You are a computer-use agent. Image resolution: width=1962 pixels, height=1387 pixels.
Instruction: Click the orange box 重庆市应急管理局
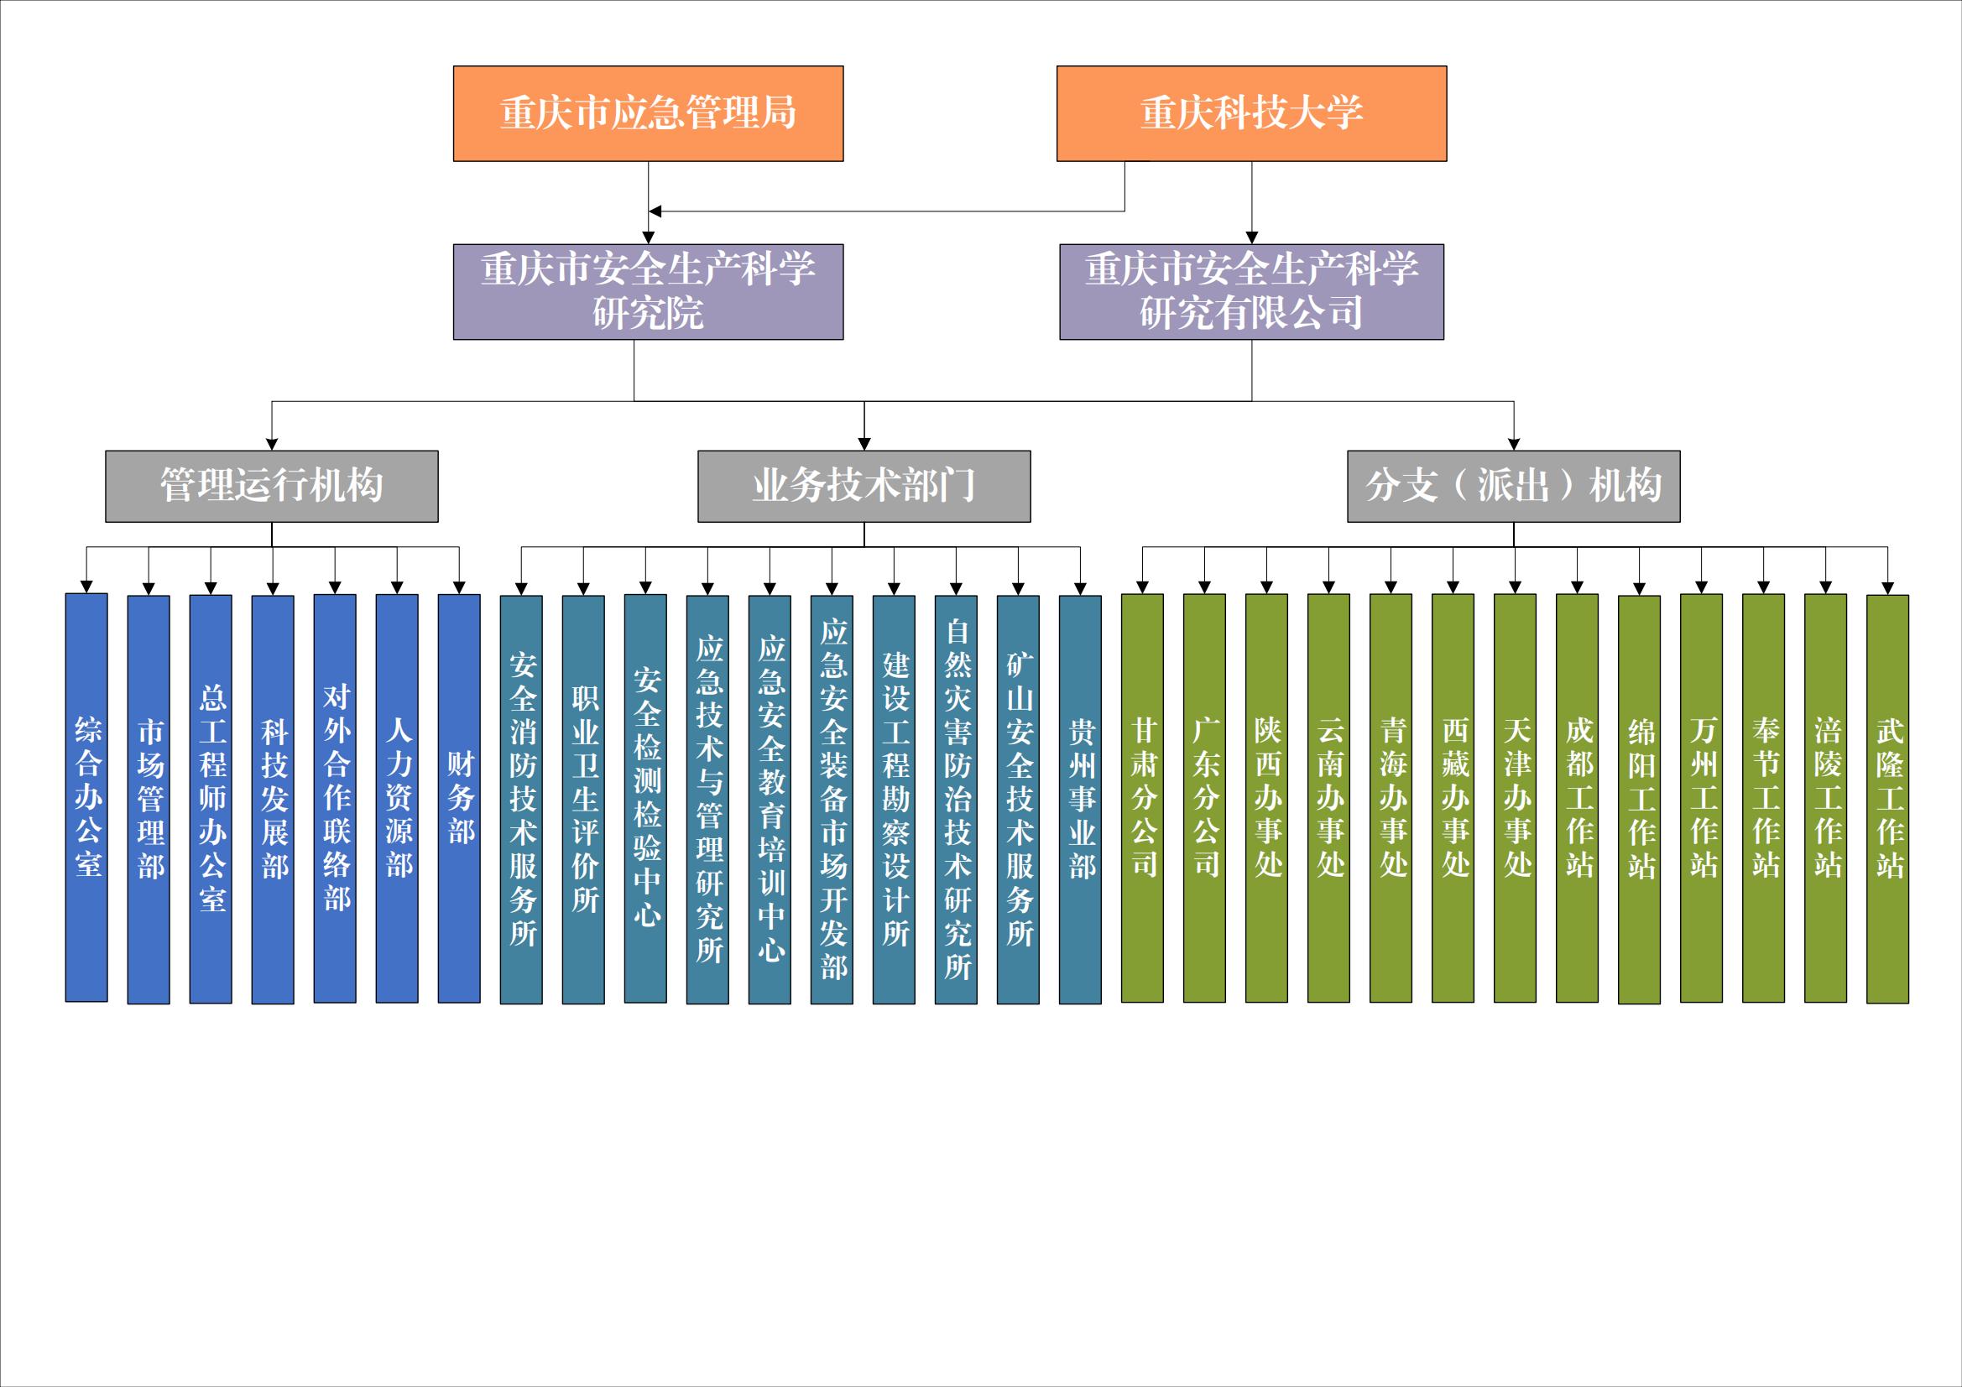click(x=648, y=113)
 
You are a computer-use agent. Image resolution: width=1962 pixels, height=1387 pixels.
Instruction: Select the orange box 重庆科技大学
click(x=1251, y=113)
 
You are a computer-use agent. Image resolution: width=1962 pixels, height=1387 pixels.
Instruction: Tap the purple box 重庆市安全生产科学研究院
click(x=648, y=292)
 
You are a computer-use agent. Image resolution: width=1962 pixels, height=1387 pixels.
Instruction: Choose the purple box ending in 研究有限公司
click(x=1251, y=292)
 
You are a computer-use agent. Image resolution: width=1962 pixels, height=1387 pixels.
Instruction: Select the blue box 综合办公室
click(x=86, y=797)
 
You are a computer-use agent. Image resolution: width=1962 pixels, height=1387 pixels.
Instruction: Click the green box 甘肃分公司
click(x=1142, y=798)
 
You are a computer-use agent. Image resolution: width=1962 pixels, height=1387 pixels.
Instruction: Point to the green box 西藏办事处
click(x=1453, y=798)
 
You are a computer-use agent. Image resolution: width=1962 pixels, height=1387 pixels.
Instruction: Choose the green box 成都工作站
click(x=1578, y=798)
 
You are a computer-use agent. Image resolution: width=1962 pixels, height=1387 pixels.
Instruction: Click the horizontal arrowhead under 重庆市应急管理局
click(x=655, y=211)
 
